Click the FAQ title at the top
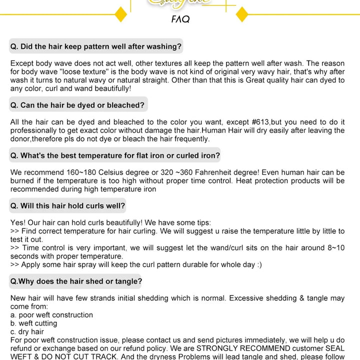tap(180, 19)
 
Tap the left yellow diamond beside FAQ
tap(121, 14)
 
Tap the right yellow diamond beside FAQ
tap(241, 14)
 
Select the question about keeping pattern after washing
tap(96, 46)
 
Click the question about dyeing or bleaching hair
tap(77, 105)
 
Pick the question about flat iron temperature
tap(115, 155)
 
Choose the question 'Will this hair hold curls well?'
tap(68, 205)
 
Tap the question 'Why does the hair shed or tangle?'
tap(76, 281)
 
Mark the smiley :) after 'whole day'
tap(257, 264)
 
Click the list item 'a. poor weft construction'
tap(51, 315)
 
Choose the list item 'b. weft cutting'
tap(33, 323)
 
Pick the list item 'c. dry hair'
tap(27, 331)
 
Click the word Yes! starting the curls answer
tap(18, 222)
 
